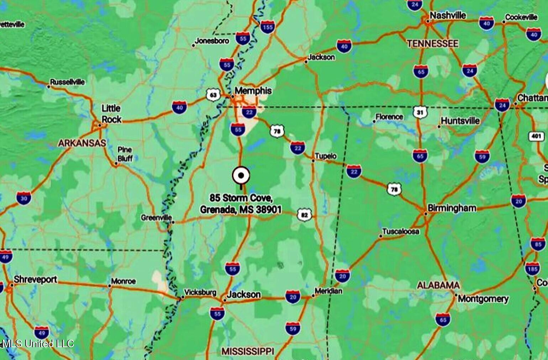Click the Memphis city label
[253, 91]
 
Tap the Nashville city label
[448, 15]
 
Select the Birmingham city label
[452, 208]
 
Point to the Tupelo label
[325, 156]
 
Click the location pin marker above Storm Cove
[241, 175]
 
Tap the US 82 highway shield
[304, 215]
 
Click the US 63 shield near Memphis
[213, 95]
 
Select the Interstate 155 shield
[267, 27]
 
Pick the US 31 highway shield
[420, 112]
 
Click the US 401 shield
[536, 136]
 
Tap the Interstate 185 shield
[532, 269]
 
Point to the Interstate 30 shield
[23, 198]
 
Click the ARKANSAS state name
[82, 143]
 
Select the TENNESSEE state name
[432, 44]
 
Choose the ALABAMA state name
[438, 285]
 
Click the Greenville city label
[156, 217]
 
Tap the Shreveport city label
[35, 279]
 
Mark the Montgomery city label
[483, 298]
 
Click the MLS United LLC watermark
[37, 343]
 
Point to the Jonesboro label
[212, 41]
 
